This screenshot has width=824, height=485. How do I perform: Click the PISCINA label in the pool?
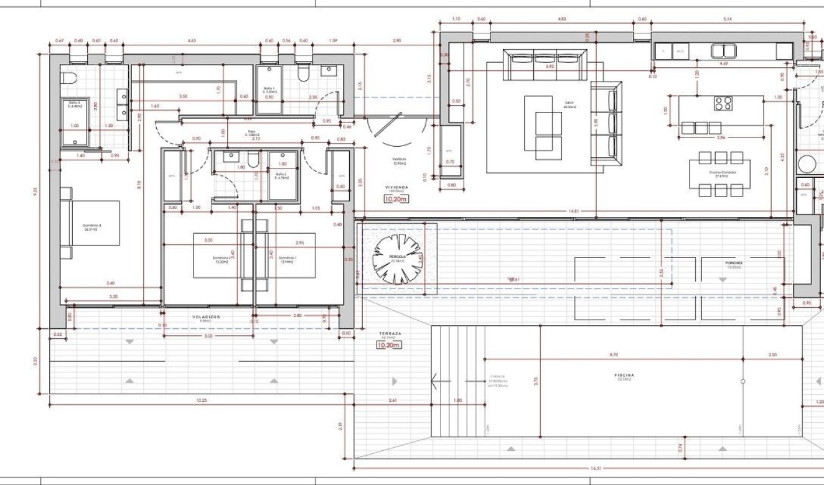pyautogui.click(x=624, y=376)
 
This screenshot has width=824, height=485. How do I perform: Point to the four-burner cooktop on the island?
pyautogui.click(x=723, y=103)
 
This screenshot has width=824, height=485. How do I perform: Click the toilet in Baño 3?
pyautogui.click(x=69, y=78)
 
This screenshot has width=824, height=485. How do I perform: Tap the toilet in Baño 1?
pyautogui.click(x=304, y=74)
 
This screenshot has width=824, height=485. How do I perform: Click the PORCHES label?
pyautogui.click(x=734, y=263)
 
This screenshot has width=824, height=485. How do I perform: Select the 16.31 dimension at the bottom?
pyautogui.click(x=596, y=468)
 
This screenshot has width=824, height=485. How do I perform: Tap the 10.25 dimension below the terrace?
pyautogui.click(x=200, y=400)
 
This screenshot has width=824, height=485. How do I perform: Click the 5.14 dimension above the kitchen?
pyautogui.click(x=728, y=19)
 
